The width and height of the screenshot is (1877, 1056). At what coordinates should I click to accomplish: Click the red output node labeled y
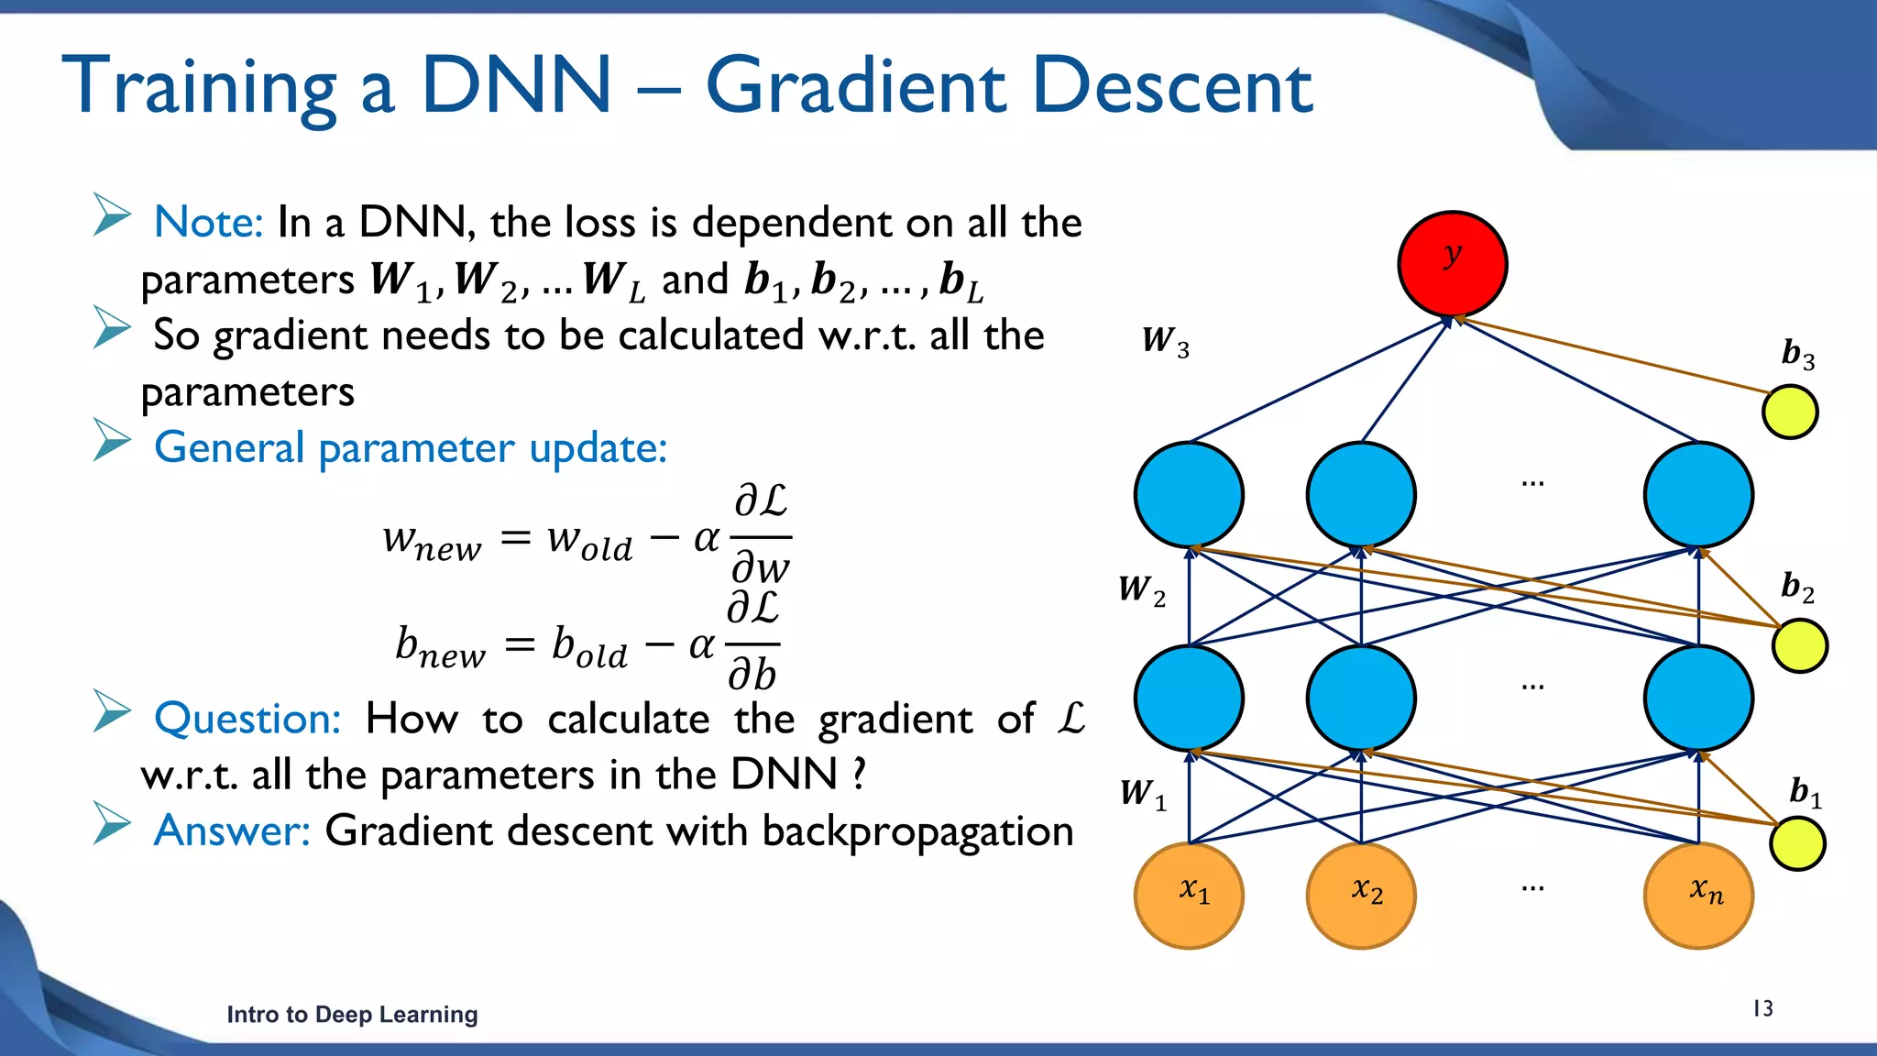click(1453, 264)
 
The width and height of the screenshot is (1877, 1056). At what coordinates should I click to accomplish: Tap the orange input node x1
click(1189, 896)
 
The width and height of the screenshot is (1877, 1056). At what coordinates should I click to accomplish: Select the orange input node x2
click(1361, 896)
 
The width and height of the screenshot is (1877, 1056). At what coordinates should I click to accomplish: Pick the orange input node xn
click(1698, 896)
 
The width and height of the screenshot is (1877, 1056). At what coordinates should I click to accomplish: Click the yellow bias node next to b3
click(1790, 412)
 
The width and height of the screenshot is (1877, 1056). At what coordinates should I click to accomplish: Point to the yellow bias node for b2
click(1800, 645)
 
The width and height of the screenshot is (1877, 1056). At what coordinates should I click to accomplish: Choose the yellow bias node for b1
click(1797, 843)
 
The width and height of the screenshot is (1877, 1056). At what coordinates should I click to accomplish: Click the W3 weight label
click(1165, 341)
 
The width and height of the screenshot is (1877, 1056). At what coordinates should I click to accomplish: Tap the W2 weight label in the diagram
click(1141, 589)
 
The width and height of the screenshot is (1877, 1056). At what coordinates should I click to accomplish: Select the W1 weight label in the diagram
click(1142, 793)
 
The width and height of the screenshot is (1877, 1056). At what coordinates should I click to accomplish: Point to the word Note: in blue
click(209, 223)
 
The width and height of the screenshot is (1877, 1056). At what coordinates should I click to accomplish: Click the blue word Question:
click(247, 719)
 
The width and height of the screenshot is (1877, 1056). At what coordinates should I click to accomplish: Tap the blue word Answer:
click(232, 830)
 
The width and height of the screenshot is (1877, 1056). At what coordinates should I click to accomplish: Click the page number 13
click(1762, 1008)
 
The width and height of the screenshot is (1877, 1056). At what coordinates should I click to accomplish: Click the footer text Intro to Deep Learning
click(352, 1015)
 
